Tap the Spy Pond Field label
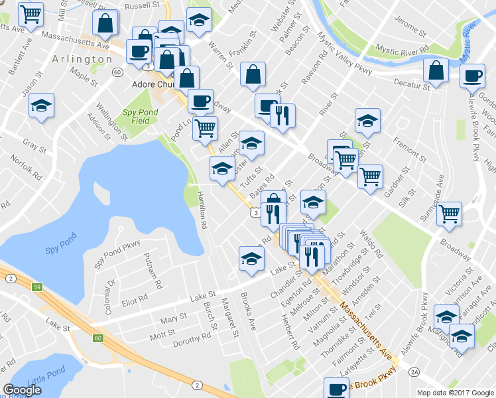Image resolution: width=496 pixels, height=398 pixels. [x=140, y=117]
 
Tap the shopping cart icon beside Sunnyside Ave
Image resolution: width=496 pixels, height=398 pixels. [x=450, y=214]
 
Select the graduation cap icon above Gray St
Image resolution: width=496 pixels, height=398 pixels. [x=42, y=105]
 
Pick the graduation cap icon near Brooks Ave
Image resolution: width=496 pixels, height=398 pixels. [x=251, y=258]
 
